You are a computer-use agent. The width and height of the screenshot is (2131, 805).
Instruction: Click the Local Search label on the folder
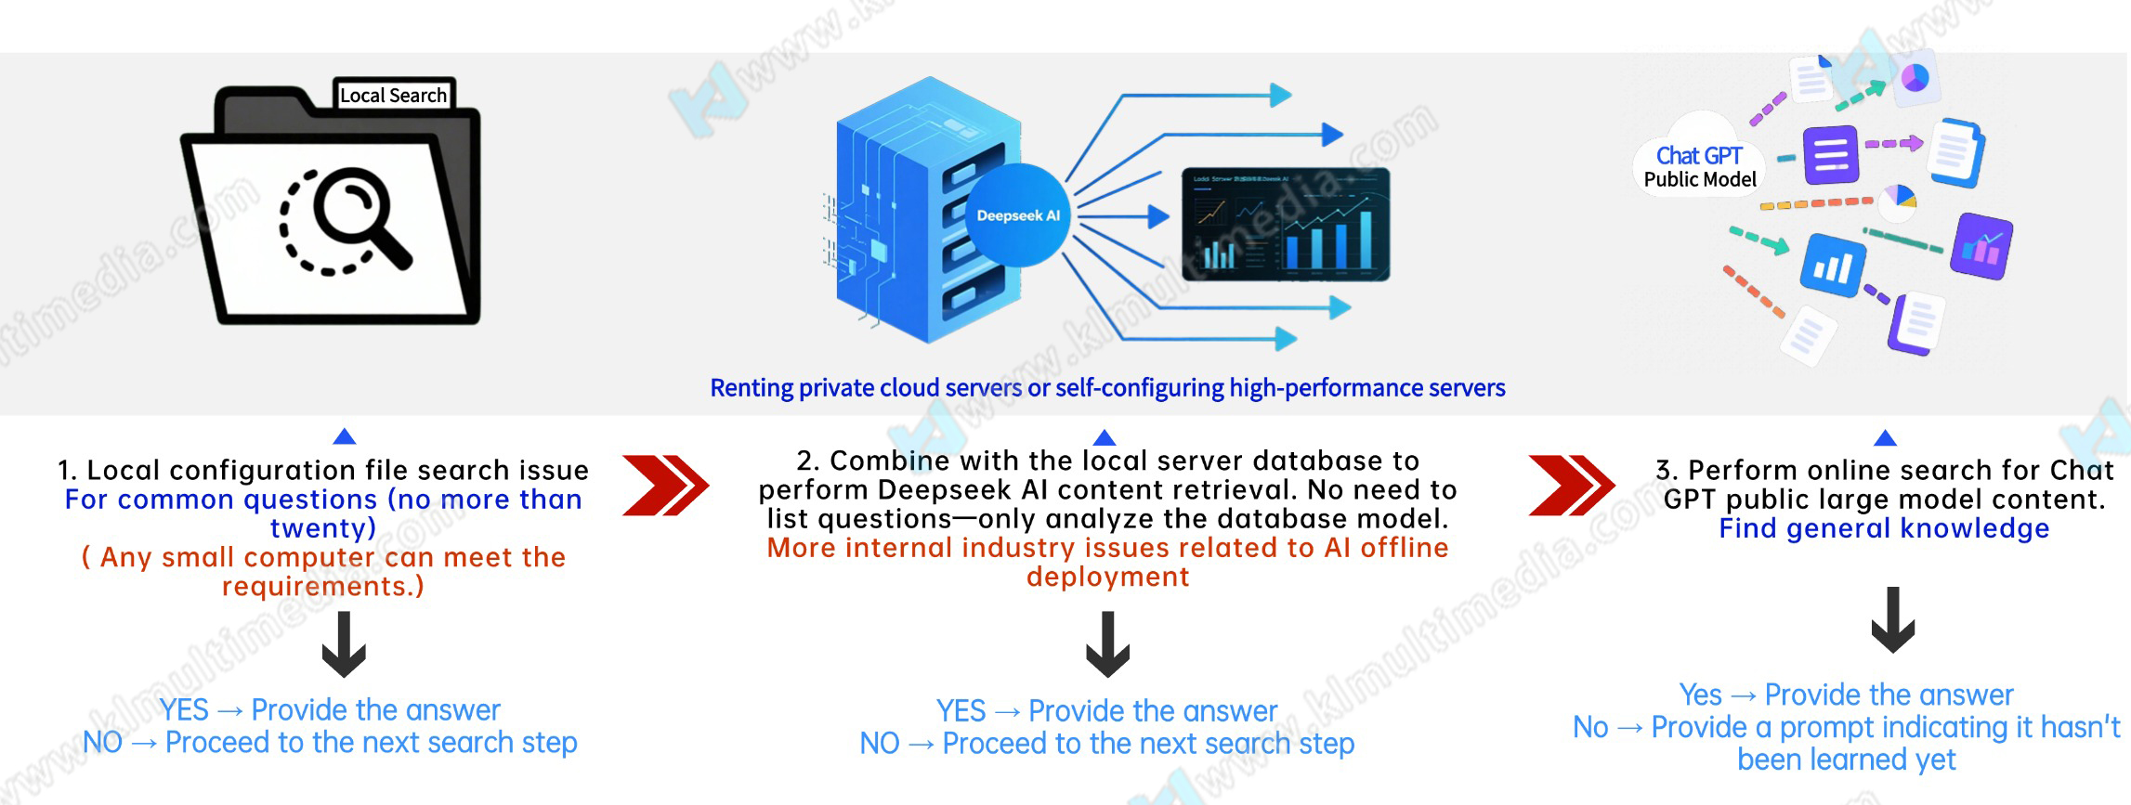393,95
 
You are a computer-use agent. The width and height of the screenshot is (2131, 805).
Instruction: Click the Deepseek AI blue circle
1017,215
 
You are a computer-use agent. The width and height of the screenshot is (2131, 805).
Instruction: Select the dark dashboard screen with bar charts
1286,225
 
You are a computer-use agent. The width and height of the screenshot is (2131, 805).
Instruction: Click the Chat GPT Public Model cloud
1699,165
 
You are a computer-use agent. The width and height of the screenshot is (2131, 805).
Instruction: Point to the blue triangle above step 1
345,436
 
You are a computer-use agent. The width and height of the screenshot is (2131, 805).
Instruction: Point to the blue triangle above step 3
1885,437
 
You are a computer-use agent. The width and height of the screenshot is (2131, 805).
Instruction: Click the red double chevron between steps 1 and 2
665,485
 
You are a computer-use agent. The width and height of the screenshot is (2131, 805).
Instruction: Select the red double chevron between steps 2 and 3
1571,485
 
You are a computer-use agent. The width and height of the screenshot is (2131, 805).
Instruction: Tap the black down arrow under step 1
344,644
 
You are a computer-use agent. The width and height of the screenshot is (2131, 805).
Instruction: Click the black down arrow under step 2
1107,644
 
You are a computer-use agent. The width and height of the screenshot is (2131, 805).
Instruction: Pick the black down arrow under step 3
1892,619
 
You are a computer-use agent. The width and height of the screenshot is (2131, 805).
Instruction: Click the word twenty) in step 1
323,528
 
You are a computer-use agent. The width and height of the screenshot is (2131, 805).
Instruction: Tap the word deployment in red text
1107,577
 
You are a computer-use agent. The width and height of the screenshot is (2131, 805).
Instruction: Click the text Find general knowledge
1884,528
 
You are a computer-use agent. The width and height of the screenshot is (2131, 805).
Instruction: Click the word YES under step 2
961,711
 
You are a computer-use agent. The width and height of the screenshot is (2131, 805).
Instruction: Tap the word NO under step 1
102,743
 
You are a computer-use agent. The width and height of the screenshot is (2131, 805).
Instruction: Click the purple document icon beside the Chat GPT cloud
1831,154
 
